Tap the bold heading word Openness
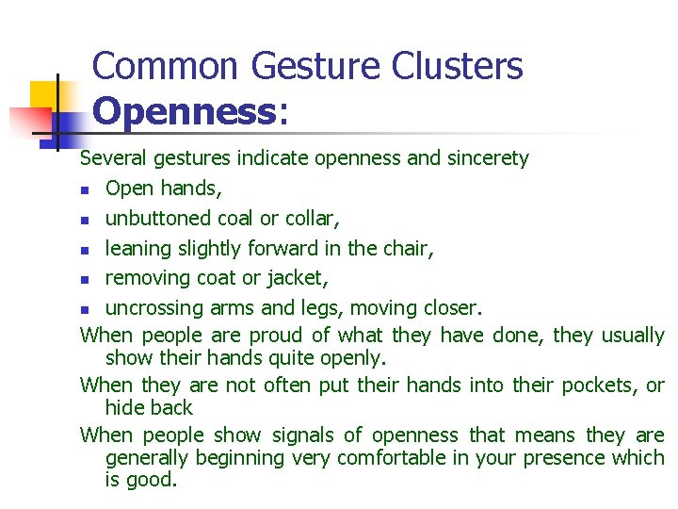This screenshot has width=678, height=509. coord(182,111)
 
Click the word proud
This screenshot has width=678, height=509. coord(279,335)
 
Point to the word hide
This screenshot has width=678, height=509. coord(123,407)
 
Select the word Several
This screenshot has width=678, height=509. coord(113,158)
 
